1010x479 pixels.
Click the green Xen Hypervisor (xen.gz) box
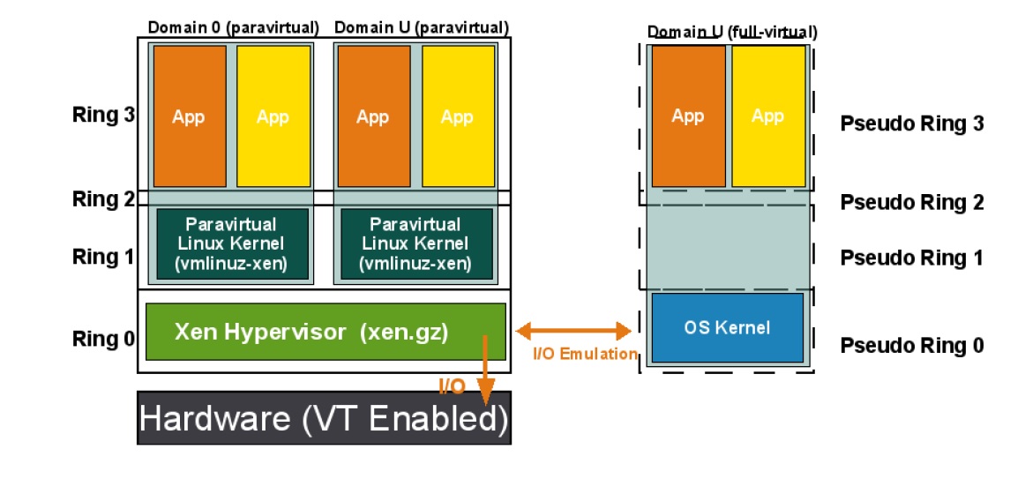pos(325,332)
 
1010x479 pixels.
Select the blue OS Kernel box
pos(727,328)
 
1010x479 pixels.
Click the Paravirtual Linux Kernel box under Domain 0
pos(233,243)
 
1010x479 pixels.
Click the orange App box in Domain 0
pos(190,116)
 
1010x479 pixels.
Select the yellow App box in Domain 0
pos(273,116)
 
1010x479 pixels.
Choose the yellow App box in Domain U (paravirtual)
pos(457,116)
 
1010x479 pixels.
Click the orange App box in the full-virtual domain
pos(688,116)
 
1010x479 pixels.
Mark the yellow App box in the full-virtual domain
pos(768,116)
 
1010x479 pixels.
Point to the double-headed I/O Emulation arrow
pos(573,332)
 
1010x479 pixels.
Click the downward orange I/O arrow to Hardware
pos(484,370)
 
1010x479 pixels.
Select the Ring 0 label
pos(97,339)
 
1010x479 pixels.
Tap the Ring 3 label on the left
pos(97,115)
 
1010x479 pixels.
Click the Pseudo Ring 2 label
pos(911,203)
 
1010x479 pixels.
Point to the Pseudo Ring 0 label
pos(911,346)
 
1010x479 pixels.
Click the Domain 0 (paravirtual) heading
pos(233,27)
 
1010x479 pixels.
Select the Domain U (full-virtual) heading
pos(732,33)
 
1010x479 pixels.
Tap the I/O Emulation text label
pos(585,354)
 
